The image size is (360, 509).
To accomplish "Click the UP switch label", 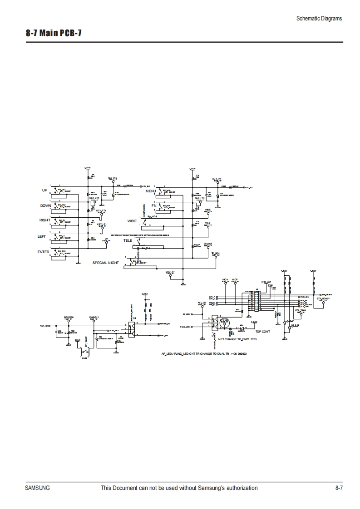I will coord(44,190).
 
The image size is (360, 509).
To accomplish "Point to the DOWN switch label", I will coord(45,206).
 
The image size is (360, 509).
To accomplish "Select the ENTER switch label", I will coord(44,251).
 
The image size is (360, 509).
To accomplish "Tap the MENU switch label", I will coord(150,191).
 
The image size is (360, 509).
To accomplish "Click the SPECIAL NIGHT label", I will coord(105,263).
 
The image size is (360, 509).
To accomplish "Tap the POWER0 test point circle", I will coord(69,322).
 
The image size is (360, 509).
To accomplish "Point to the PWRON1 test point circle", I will coord(94,322).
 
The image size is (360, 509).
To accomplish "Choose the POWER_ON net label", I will coord(164,324).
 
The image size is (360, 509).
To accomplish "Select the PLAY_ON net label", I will coord(163,335).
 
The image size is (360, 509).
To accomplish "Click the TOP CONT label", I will coord(263,332).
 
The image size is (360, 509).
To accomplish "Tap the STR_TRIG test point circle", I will coord(300,313).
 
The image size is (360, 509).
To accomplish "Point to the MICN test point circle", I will coord(225,284).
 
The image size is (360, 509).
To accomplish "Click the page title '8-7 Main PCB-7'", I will coord(54,34).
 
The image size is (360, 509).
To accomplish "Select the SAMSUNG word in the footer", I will coord(37,488).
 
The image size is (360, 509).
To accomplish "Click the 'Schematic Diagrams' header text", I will coord(319,19).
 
